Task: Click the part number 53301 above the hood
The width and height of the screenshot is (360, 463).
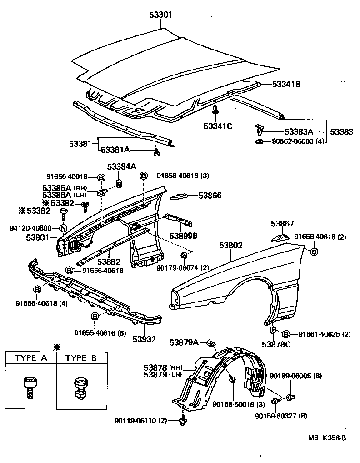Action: pos(160,15)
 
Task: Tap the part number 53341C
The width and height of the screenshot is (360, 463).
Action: pos(217,126)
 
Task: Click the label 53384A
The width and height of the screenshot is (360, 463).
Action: pos(121,166)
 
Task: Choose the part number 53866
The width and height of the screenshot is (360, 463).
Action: pos(210,196)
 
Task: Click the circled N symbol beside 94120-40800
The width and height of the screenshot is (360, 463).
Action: pos(63,228)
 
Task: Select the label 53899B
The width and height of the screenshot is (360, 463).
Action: pos(183,236)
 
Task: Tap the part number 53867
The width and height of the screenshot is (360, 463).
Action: pos(282,224)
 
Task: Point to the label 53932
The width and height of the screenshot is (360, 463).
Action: pos(144,339)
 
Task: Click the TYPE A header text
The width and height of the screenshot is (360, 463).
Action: pos(30,358)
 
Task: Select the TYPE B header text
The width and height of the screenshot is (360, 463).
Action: pos(81,358)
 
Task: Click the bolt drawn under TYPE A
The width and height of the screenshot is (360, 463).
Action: pos(30,386)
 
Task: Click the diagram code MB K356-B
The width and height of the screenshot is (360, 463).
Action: pos(327,438)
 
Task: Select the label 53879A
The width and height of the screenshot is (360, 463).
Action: pos(184,342)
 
